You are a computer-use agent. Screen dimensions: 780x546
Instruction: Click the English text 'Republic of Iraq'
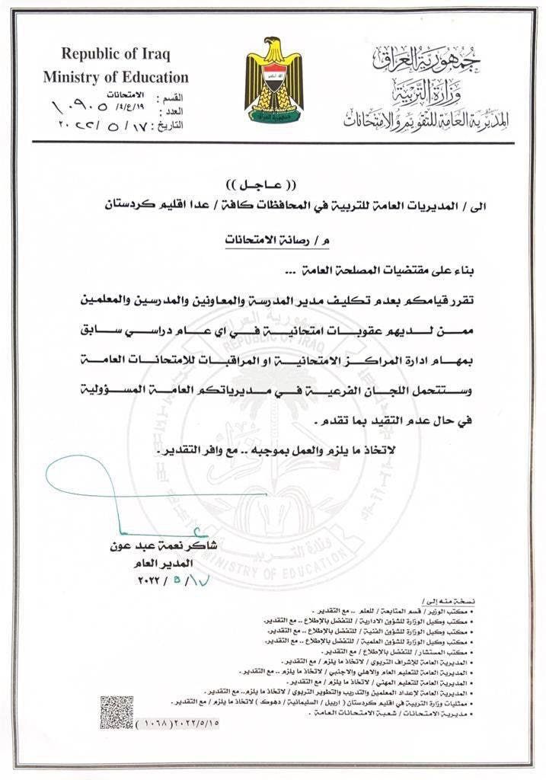pos(116,54)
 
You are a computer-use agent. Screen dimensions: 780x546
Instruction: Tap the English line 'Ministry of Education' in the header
pos(116,77)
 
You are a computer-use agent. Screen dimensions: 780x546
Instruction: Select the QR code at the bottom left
pos(117,711)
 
